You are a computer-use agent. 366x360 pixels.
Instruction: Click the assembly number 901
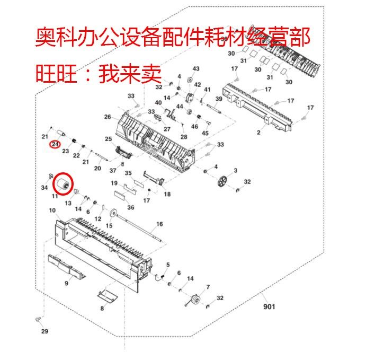tap(269, 306)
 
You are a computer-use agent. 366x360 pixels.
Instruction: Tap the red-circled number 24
tap(55, 144)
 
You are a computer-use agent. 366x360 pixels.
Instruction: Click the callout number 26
tap(108, 117)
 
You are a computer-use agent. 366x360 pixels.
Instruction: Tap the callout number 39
tap(219, 100)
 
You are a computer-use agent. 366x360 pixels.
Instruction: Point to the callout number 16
tap(159, 224)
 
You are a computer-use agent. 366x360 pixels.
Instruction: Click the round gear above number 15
tap(112, 214)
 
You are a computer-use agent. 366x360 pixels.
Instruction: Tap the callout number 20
tap(97, 168)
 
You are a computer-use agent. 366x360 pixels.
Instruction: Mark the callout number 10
tap(52, 210)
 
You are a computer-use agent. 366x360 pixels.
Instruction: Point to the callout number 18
tap(167, 195)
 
